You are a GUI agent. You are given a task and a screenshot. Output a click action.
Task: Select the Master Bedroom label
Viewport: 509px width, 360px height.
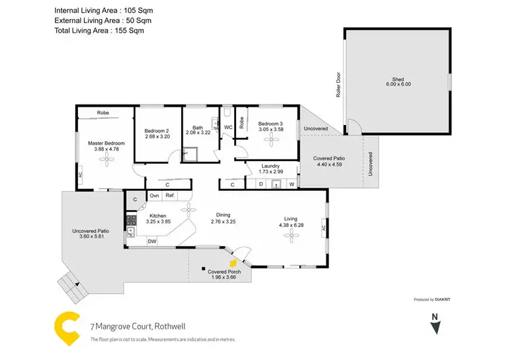[107, 143]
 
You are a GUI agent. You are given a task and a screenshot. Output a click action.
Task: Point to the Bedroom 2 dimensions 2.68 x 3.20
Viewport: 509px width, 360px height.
[157, 136]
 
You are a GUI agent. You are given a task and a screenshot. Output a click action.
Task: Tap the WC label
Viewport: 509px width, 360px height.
[228, 127]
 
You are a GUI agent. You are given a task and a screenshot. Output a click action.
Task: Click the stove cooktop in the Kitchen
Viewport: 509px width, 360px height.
[130, 220]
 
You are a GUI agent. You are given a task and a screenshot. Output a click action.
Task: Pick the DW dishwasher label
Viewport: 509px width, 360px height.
[152, 241]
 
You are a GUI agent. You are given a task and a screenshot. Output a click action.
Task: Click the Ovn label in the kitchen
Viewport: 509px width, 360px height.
[154, 196]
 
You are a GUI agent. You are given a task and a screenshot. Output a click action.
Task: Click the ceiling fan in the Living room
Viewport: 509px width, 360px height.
[291, 235]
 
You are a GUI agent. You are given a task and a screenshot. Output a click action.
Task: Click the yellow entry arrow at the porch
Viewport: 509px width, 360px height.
[233, 262]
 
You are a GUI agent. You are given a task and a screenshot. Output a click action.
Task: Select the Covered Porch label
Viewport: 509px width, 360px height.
[227, 271]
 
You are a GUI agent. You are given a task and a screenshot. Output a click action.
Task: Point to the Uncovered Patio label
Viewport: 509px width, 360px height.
[90, 232]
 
